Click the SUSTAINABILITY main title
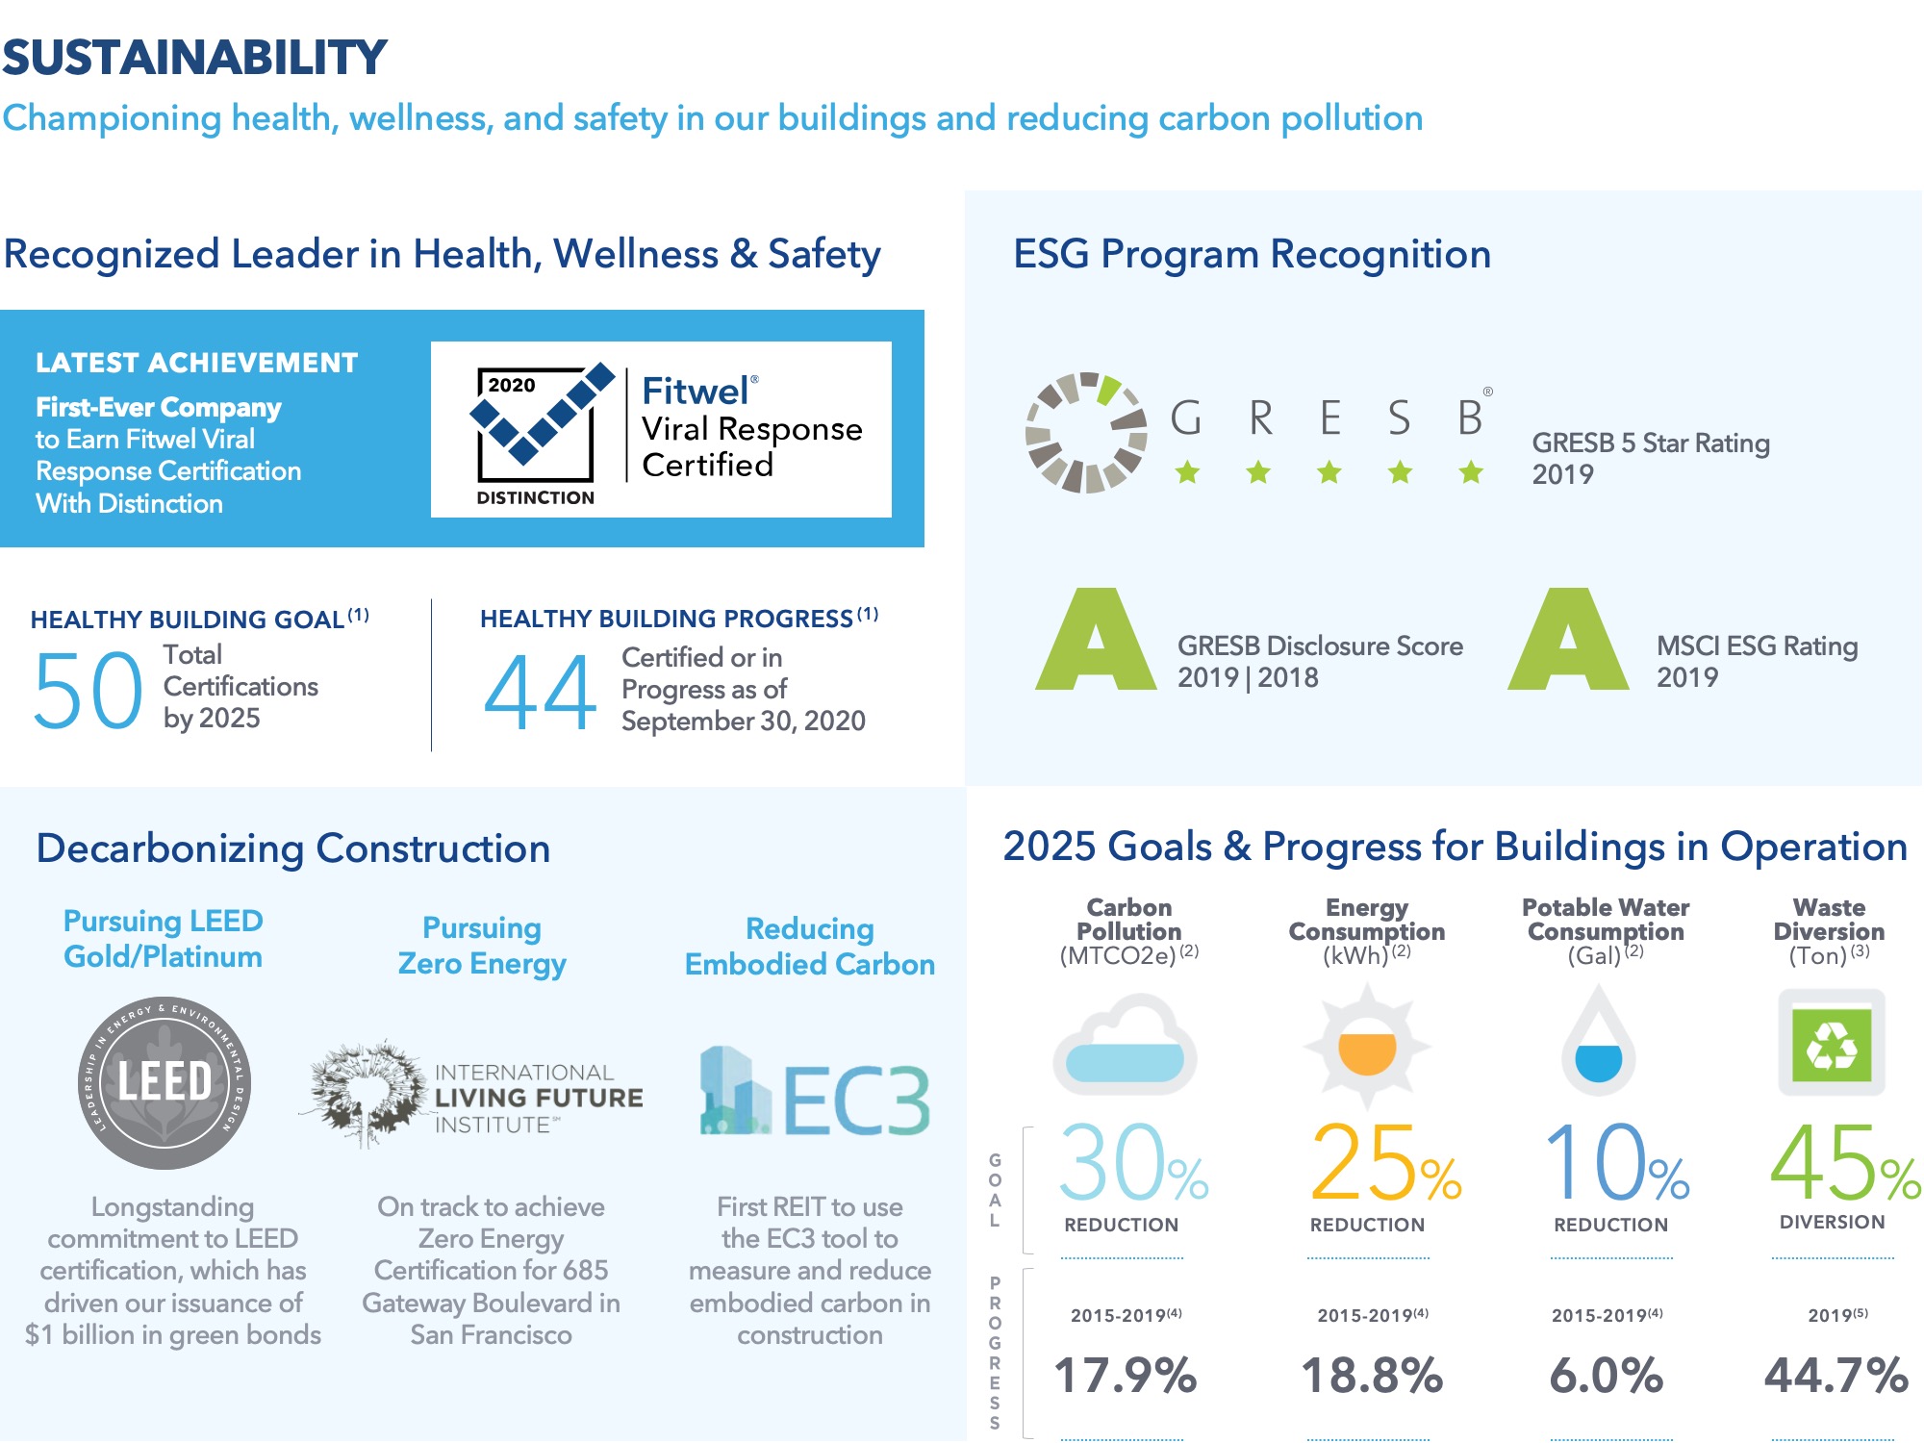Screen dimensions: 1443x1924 click(194, 58)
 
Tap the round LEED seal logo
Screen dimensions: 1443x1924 click(165, 1082)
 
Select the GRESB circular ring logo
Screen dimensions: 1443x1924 click(1086, 432)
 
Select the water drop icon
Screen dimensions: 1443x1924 click(1598, 1044)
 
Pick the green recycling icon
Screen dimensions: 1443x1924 click(1831, 1044)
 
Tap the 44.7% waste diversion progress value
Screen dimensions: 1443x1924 click(1835, 1376)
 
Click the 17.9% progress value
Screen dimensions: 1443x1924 click(1125, 1376)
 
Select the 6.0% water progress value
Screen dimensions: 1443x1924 click(1606, 1376)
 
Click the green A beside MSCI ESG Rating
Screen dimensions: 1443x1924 click(1567, 642)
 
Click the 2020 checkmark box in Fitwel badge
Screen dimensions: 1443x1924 click(537, 423)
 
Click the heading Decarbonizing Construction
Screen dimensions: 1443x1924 click(292, 848)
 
